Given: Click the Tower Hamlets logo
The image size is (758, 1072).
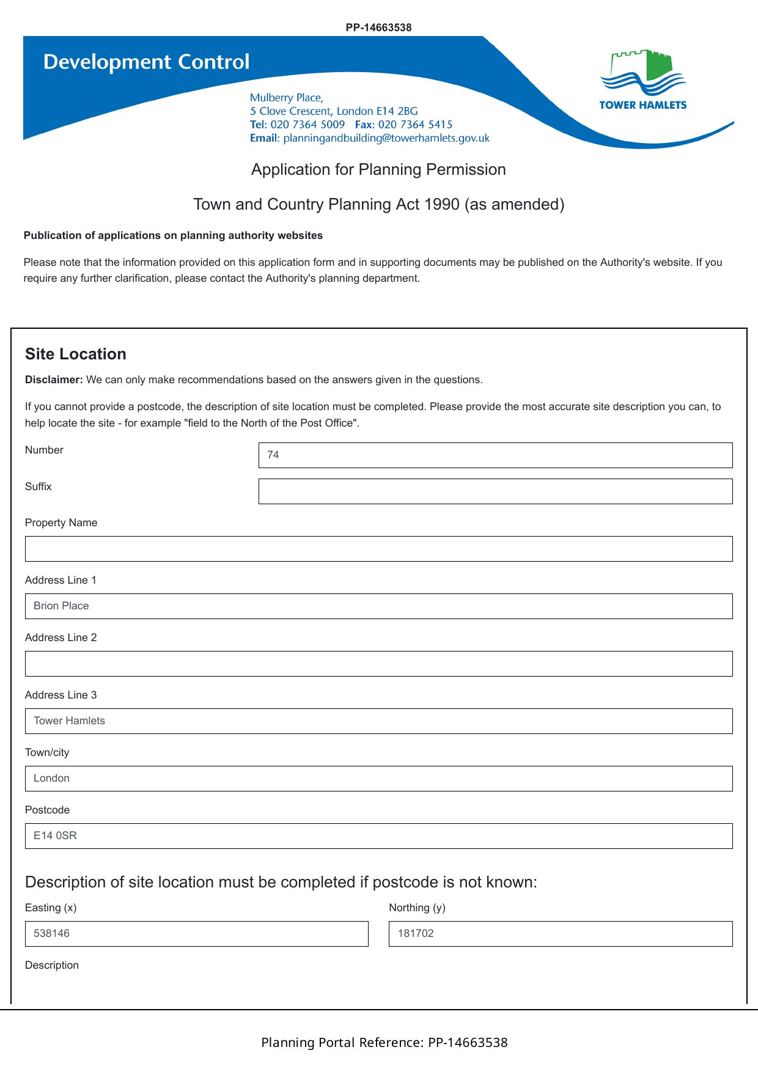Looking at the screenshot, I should [643, 79].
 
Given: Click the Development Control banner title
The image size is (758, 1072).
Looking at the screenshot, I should [146, 62].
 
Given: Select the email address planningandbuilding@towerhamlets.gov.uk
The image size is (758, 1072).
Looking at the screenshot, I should [386, 138].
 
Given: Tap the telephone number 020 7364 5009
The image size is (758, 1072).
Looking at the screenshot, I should [307, 125].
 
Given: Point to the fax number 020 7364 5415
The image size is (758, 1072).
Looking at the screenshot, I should [415, 125].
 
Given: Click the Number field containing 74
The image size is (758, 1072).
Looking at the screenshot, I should [495, 455].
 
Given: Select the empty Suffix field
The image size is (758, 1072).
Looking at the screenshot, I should [495, 491].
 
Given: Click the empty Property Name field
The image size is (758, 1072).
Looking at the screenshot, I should [378, 549].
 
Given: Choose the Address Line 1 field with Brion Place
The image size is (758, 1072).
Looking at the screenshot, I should [378, 606].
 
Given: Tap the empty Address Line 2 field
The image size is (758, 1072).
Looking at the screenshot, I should [378, 664].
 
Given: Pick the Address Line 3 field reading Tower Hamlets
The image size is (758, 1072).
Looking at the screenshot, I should [378, 721].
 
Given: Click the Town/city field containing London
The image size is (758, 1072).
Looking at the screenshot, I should [378, 779].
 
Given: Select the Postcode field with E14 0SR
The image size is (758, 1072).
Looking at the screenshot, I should [378, 836].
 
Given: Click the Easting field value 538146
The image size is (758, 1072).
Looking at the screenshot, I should [196, 934].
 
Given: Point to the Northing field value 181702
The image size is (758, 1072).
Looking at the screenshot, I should [560, 934].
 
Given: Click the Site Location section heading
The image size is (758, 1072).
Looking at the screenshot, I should [76, 354].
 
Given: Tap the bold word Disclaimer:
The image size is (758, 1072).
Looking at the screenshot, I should [54, 380].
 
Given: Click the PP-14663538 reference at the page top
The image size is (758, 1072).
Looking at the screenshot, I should [378, 28].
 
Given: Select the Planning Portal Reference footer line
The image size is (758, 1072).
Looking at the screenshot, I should [384, 1043].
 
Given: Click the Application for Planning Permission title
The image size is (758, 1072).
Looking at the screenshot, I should [378, 169].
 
